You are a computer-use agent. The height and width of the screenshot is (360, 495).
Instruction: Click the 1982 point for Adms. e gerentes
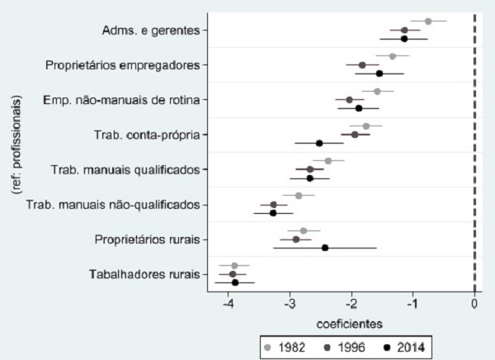click(x=427, y=21)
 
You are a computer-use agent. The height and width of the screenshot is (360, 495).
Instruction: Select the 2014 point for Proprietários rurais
click(x=325, y=248)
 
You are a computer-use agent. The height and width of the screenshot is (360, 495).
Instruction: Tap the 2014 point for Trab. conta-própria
click(x=319, y=143)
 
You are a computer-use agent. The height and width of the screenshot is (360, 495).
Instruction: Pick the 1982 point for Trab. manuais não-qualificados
click(x=299, y=196)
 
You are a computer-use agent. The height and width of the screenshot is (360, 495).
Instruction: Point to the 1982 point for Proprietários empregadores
click(x=393, y=56)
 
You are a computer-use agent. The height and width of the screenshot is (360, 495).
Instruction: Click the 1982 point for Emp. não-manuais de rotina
click(x=377, y=92)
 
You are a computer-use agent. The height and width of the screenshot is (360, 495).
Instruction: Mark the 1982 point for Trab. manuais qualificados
click(x=328, y=161)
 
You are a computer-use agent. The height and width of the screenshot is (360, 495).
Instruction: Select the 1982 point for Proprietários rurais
click(x=304, y=231)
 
